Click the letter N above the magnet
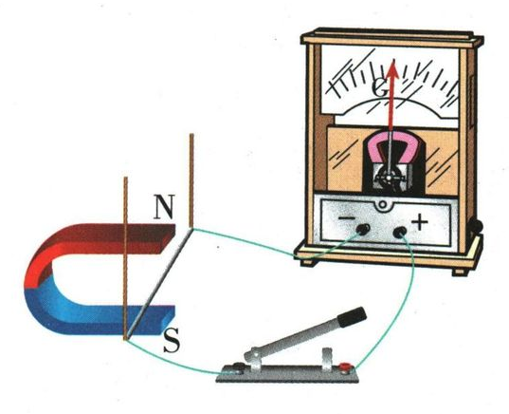[164, 207]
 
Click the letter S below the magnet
[172, 341]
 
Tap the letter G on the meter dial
[380, 87]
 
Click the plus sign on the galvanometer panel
[420, 223]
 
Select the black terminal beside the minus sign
[363, 229]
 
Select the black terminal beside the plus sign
[400, 233]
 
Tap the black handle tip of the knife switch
[352, 316]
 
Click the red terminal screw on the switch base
[344, 367]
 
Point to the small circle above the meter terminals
[383, 204]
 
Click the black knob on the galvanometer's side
[476, 226]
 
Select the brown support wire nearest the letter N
[191, 180]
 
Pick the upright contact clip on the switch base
[327, 358]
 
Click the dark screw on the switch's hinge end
[238, 367]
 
